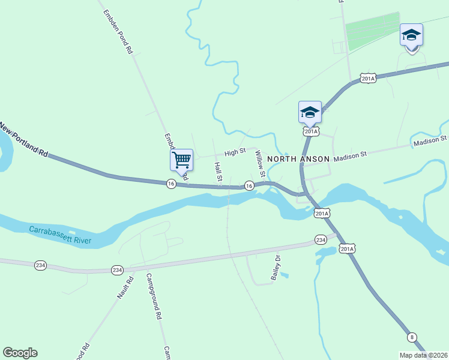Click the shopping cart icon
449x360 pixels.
tap(181, 160)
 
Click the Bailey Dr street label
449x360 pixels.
tap(276, 268)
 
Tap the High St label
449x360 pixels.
tap(235, 153)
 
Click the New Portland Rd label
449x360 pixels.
tap(24, 140)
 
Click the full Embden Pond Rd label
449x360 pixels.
tap(117, 32)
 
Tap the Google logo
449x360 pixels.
tap(20, 353)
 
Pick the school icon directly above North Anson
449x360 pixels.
tap(310, 112)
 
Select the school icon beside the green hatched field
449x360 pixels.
tap(411, 35)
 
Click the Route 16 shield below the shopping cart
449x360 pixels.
tap(171, 184)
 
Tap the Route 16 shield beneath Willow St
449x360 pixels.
tap(249, 187)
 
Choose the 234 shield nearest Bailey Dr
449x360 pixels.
tap(320, 240)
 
